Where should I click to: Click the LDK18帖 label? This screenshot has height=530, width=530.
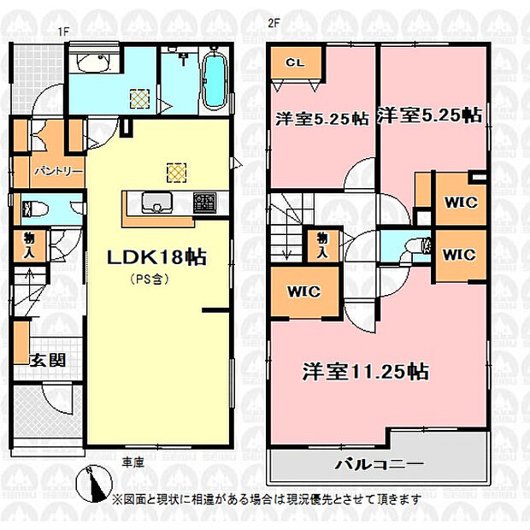[x=156, y=257]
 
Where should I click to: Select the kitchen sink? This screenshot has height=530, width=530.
[x=157, y=203]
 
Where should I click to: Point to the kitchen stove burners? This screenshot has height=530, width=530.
[x=205, y=203]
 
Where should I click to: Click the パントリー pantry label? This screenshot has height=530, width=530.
[x=58, y=172]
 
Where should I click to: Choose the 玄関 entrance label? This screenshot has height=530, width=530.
[x=48, y=361]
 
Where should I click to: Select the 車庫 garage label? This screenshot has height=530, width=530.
[x=133, y=462]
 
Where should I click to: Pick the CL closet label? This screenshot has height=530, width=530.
[x=296, y=62]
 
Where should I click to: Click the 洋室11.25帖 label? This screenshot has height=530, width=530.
[x=366, y=371]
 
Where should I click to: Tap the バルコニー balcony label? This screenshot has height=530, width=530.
[x=379, y=464]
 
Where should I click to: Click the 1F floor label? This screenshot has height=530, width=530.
[x=63, y=32]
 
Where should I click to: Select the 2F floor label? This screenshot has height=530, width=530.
[x=274, y=24]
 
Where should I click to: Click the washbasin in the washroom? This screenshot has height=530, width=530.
[x=93, y=62]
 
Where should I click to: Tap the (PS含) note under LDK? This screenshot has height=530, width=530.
[x=150, y=280]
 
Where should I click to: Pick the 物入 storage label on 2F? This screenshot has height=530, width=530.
[x=322, y=245]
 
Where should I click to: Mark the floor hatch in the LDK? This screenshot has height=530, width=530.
[x=176, y=173]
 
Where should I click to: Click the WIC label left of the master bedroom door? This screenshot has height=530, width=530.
[x=303, y=291]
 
